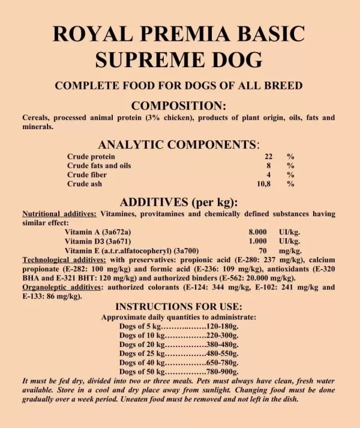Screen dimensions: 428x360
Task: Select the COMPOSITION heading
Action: [179, 104]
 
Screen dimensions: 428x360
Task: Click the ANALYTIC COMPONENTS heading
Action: [178, 145]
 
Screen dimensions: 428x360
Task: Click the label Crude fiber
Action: [87, 175]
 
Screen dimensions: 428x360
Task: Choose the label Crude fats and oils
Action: [99, 165]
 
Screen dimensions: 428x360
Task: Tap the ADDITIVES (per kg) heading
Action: [179, 202]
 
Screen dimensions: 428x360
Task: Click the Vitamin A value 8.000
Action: [257, 232]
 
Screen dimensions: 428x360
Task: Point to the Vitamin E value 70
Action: [262, 250]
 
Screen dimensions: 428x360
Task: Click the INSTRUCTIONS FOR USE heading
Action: [179, 306]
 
